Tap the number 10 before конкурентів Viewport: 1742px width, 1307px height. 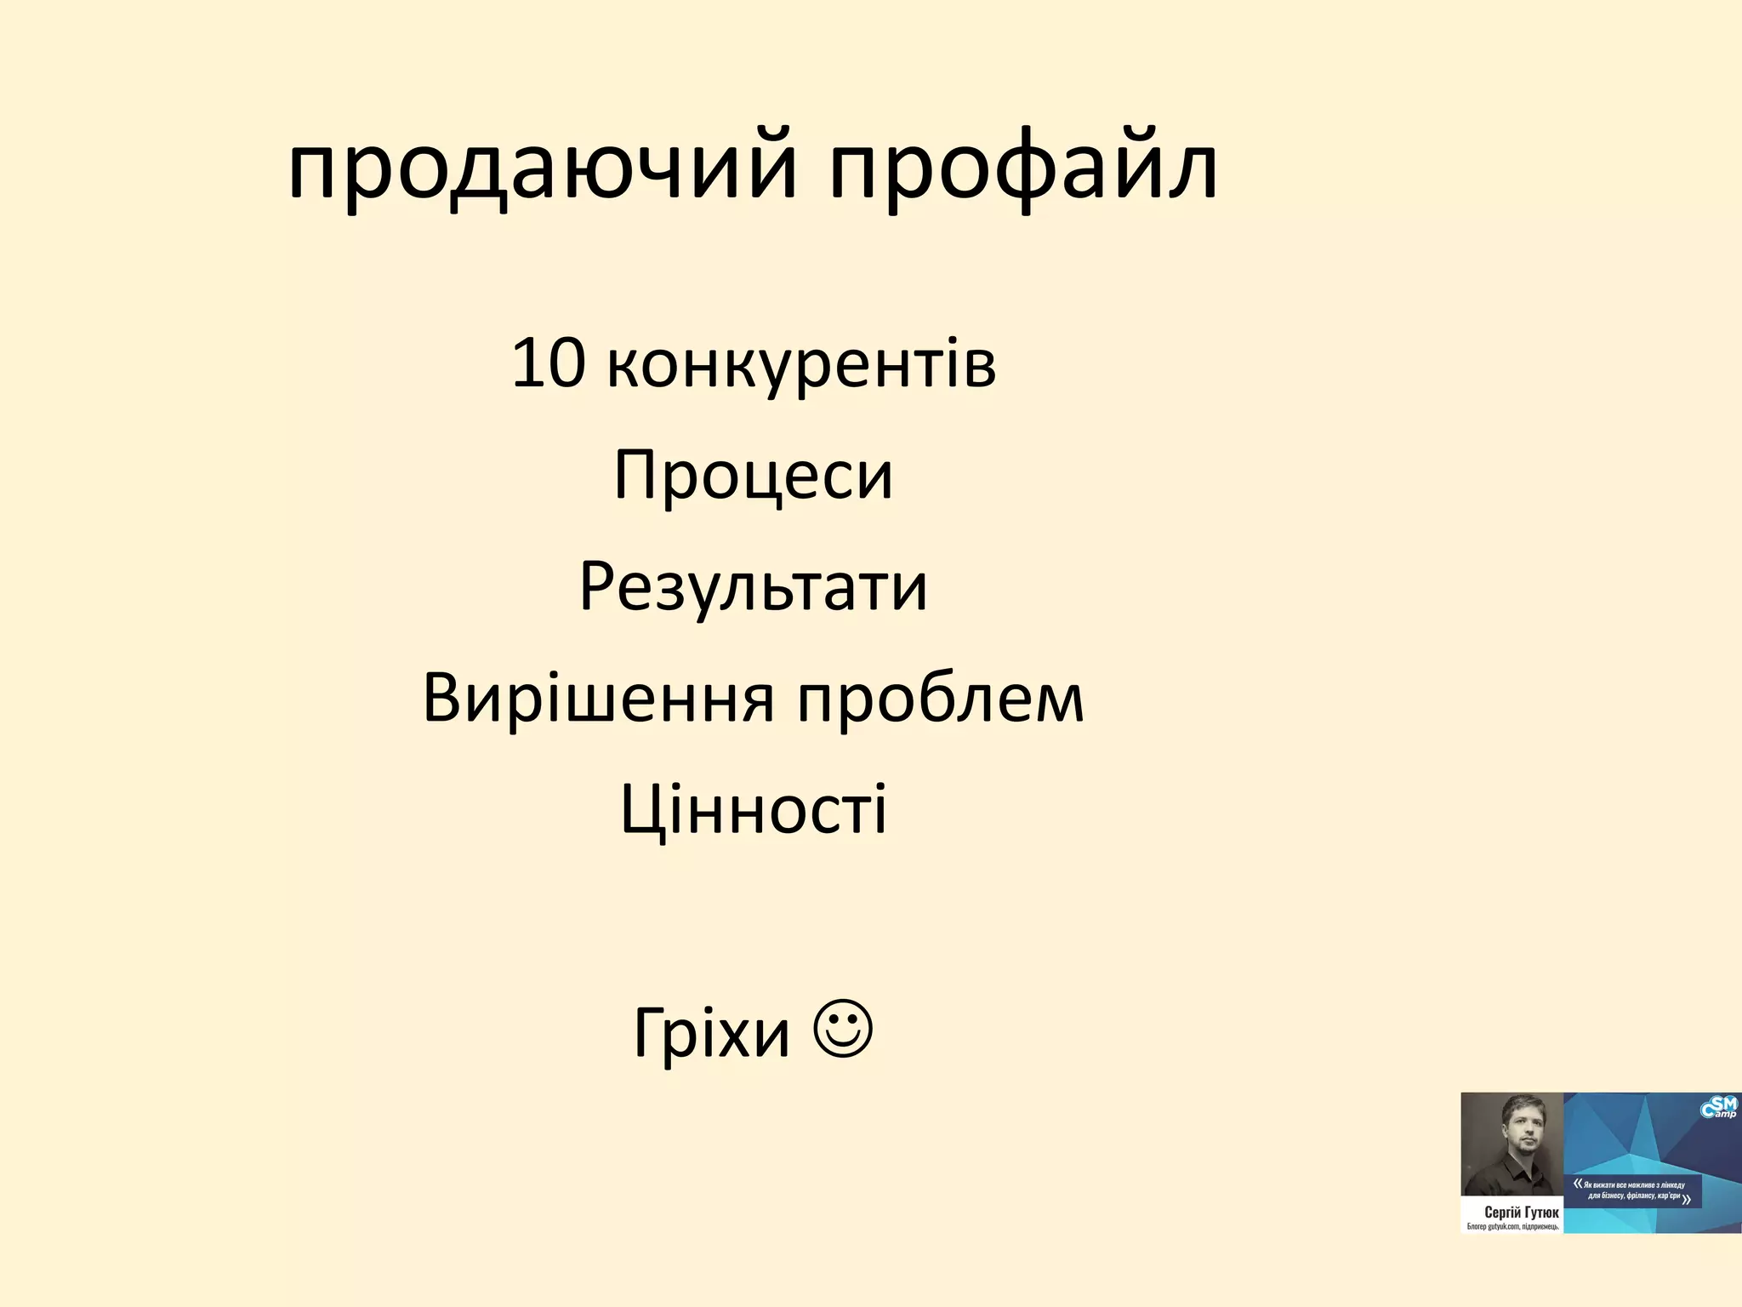point(549,363)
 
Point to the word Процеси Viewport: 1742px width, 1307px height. point(754,475)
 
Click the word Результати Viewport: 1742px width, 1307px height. point(754,587)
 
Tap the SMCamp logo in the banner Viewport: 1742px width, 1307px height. point(1718,1109)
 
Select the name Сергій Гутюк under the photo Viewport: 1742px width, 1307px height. point(1522,1212)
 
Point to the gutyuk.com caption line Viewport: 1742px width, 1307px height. point(1512,1227)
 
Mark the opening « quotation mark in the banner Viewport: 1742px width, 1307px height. point(1578,1183)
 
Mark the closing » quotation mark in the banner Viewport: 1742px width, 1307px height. point(1686,1200)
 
